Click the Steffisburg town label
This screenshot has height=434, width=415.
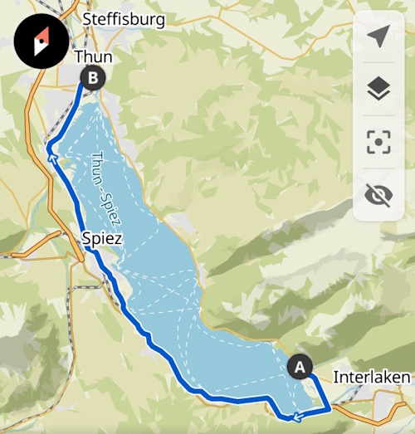(x=124, y=19)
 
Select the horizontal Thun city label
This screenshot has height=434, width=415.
(x=93, y=56)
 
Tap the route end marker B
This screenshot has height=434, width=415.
(x=93, y=79)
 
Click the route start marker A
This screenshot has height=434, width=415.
(x=300, y=365)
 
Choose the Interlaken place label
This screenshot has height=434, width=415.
(x=371, y=378)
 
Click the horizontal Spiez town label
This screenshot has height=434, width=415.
(x=103, y=239)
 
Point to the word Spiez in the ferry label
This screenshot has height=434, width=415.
(x=113, y=212)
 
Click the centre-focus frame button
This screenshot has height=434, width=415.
(x=378, y=142)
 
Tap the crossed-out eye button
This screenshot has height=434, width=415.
(x=378, y=195)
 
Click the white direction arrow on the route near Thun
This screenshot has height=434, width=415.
(x=51, y=152)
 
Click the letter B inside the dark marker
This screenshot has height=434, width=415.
(x=93, y=79)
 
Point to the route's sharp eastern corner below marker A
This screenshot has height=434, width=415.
(x=330, y=408)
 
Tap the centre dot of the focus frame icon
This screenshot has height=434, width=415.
(x=378, y=142)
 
